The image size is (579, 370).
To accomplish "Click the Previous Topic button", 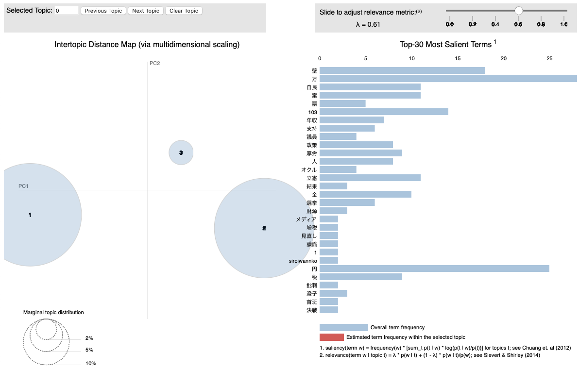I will pos(103,11).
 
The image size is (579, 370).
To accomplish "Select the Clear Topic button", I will pos(184,11).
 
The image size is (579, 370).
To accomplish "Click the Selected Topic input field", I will pos(67,11).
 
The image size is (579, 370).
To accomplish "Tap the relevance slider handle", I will pos(518,11).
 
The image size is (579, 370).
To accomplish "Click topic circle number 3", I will pos(181,153).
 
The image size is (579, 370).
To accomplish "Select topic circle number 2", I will pos(264,228).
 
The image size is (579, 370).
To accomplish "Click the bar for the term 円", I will pos(434,269).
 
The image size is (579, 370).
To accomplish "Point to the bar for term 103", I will pos(384,112).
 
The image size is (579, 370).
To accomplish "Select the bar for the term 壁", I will pos(402,70).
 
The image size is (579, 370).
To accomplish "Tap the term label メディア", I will pos(306,219).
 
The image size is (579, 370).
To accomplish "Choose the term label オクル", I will pos(309,169).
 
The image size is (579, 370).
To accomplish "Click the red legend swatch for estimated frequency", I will pos(331,337).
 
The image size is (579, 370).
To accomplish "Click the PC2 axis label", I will pos(154,63).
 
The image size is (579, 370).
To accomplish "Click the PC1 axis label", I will pos(24,186).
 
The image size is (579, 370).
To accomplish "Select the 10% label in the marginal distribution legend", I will pos(91,363).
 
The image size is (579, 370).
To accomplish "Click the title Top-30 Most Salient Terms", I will pos(445,45).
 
